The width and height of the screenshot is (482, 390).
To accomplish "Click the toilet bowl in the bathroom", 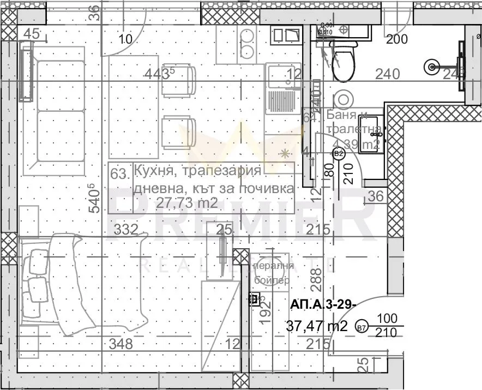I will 343,63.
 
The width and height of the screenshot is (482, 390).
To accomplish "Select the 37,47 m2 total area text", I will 317,326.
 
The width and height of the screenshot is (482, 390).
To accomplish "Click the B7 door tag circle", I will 360,327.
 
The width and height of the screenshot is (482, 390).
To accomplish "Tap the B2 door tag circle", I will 339,154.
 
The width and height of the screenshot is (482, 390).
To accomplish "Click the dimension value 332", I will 125,229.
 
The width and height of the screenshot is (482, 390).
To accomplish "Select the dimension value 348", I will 121,344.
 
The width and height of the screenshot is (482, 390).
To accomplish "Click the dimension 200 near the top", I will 396,39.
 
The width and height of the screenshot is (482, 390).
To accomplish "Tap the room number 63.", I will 119,175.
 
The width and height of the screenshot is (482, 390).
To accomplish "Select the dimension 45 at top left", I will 32,34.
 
